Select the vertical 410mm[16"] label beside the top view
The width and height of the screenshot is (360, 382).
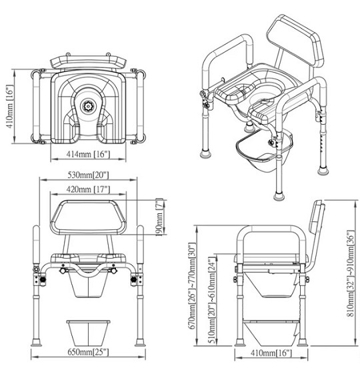tap(10, 107)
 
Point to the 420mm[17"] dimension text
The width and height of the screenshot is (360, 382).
tap(89, 189)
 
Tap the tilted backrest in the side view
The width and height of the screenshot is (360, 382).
tap(315, 231)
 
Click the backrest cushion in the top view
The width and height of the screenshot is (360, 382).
tap(87, 61)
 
